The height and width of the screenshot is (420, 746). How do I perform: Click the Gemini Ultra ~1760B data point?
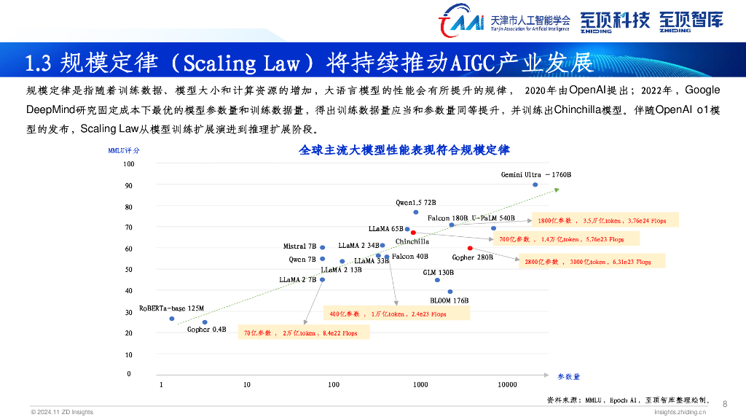[x=535, y=184]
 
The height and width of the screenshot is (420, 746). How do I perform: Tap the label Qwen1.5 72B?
[x=415, y=202]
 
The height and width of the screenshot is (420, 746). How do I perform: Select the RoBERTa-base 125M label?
[x=172, y=308]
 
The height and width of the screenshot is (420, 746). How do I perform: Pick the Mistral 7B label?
[x=299, y=246]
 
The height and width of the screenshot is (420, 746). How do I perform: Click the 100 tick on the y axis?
[x=128, y=164]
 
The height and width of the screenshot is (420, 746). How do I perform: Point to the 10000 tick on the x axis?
[x=507, y=385]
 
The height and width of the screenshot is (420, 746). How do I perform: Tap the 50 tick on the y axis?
[x=128, y=270]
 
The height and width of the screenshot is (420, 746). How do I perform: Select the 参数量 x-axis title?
[x=569, y=376]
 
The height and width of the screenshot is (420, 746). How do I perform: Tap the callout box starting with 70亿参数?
[x=300, y=332]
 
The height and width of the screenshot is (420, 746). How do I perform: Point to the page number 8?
[x=724, y=404]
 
